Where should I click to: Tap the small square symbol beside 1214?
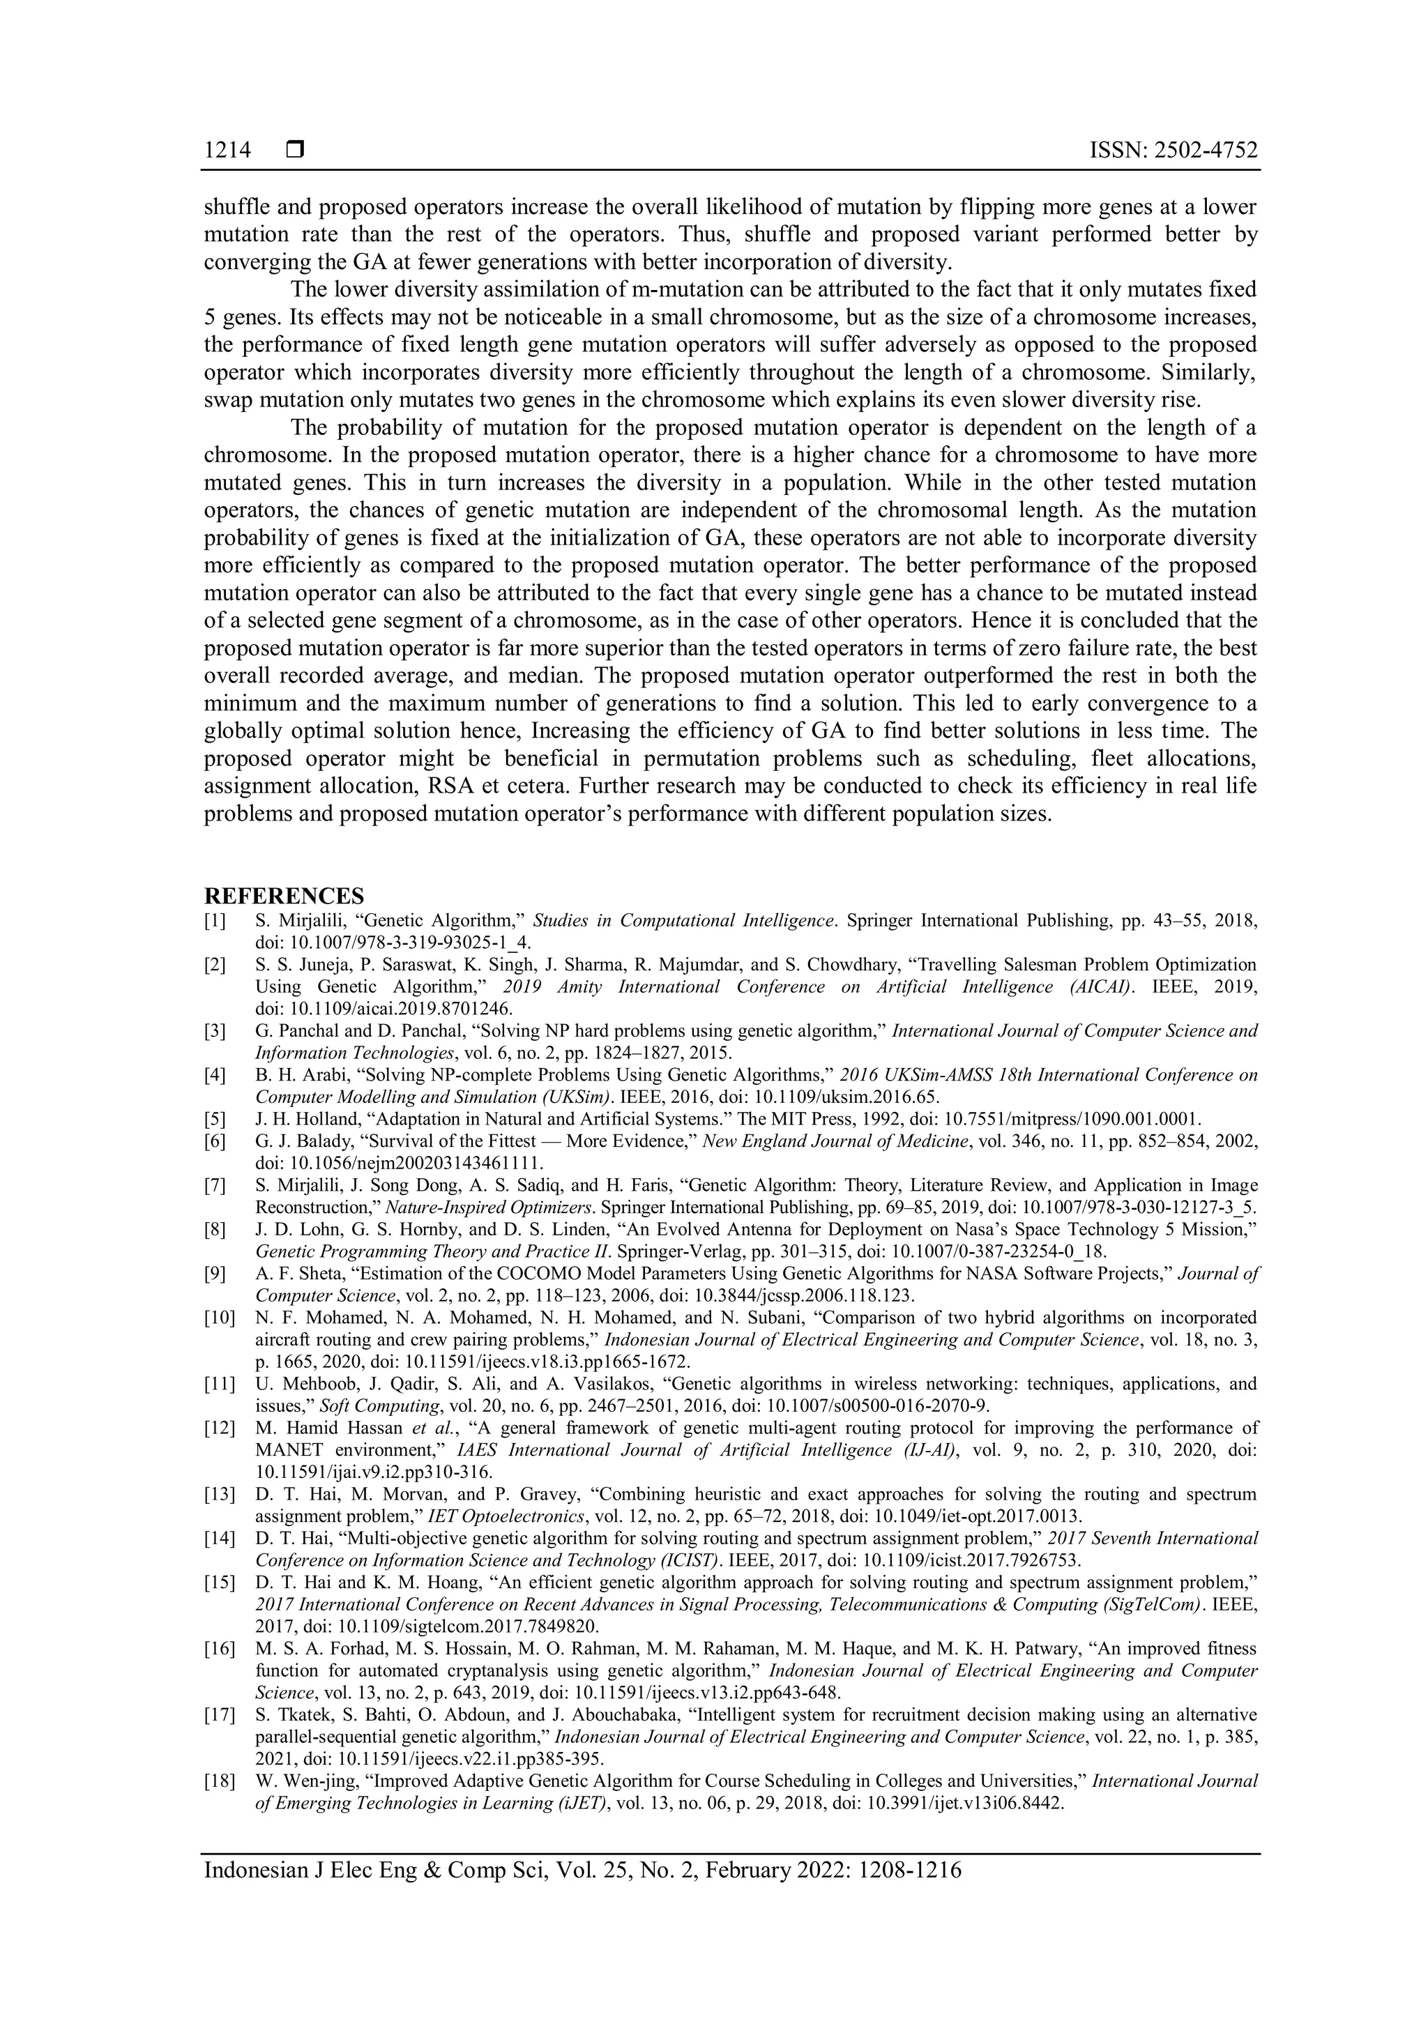pyautogui.click(x=294, y=151)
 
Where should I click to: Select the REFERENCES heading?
pyautogui.click(x=283, y=896)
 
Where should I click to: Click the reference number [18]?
pyautogui.click(x=219, y=1781)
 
